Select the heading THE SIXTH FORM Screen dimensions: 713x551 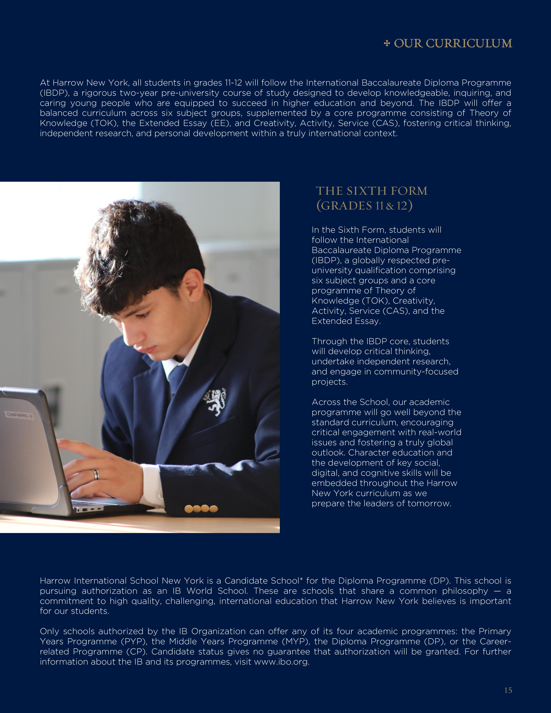tap(371, 191)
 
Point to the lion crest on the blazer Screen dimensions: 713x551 tap(215, 402)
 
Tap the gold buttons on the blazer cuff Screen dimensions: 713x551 tap(201, 509)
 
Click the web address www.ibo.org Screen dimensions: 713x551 tap(281, 662)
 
